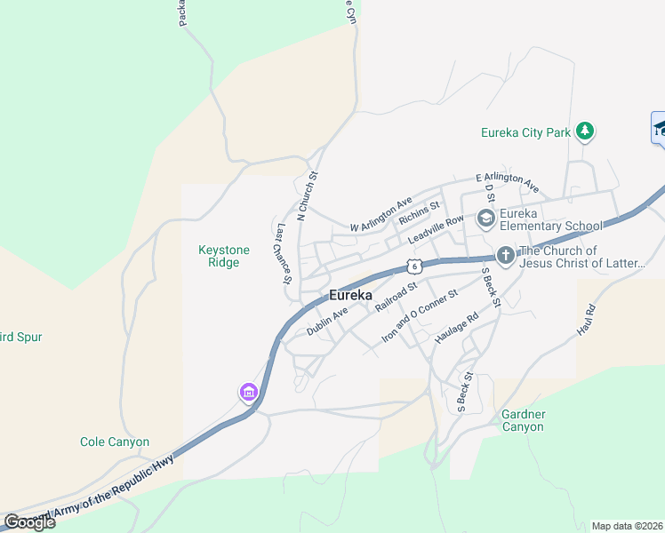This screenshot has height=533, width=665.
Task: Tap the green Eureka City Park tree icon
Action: point(584,132)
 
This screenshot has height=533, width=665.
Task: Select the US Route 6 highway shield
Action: point(413,266)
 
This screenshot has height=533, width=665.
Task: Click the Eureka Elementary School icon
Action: point(485,218)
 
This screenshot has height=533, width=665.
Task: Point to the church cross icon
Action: point(505,256)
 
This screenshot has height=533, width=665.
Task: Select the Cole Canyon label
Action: point(115,442)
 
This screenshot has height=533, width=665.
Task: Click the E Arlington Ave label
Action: point(507,182)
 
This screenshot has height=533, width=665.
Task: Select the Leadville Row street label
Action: point(436,231)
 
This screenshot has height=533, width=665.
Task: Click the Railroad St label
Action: point(396,297)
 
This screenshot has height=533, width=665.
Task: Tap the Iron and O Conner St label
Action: point(419,316)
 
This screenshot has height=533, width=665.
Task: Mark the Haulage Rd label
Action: point(456,328)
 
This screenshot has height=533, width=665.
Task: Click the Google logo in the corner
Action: point(29,521)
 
